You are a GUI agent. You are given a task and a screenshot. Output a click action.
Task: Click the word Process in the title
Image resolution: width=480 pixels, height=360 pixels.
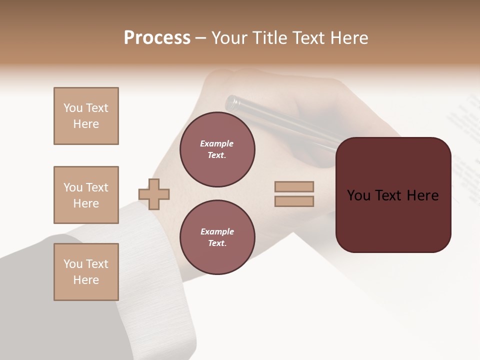[x=157, y=38]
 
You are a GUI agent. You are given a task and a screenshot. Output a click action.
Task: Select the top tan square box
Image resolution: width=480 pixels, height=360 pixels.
[x=86, y=116]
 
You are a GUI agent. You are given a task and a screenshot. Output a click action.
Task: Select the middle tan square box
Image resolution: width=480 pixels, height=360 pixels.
[x=86, y=195]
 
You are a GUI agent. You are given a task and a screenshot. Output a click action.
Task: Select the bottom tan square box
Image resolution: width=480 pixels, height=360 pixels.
[x=86, y=272]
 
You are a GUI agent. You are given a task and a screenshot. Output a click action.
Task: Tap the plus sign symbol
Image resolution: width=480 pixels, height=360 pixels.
[x=154, y=194]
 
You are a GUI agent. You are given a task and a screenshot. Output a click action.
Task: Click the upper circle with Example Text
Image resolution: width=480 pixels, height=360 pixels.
[x=217, y=149]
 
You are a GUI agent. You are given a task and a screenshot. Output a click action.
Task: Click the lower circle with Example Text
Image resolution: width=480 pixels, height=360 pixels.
[x=217, y=237]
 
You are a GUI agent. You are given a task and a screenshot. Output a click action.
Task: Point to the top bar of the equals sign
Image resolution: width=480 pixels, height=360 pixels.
[x=294, y=186]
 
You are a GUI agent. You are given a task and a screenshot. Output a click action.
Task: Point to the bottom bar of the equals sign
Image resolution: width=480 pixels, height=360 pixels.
[x=294, y=201]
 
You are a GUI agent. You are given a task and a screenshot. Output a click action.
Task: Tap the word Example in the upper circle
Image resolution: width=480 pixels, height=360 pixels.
[x=217, y=143]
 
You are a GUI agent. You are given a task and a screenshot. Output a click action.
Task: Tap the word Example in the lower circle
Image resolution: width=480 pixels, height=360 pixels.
[x=217, y=231]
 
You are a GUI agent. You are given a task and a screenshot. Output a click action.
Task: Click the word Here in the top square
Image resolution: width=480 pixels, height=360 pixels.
[x=86, y=124]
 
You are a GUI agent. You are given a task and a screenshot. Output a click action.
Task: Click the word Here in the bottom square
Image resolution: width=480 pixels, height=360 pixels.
[x=86, y=280]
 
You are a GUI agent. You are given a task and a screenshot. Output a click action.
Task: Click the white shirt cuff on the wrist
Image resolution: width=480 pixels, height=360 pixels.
[x=150, y=270]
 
